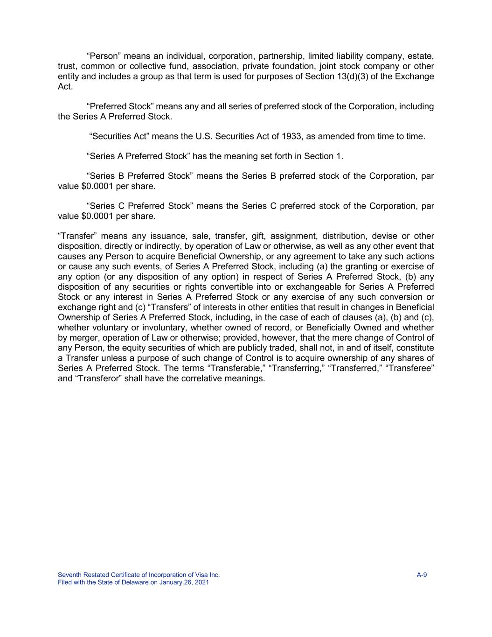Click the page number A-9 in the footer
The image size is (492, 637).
click(422, 575)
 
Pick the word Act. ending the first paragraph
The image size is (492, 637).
click(65, 87)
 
